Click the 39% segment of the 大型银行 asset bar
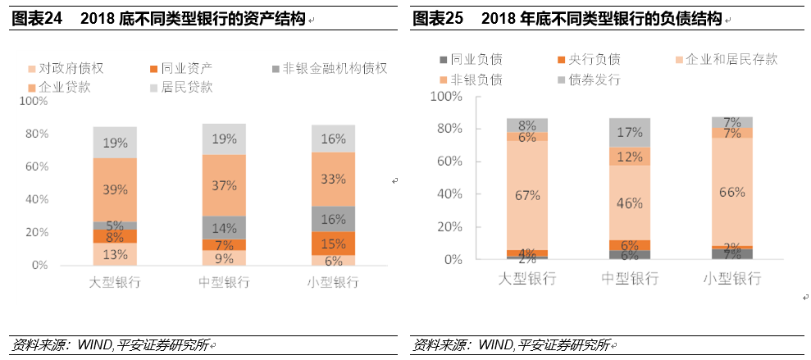coord(115,189)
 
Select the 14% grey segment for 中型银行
coord(224,228)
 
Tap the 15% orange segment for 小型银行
coord(332,244)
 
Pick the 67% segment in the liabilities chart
coord(527,195)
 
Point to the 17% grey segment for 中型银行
coord(631,132)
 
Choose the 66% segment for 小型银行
coord(732,193)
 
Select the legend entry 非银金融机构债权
coord(328,68)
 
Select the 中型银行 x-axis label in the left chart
coord(224,282)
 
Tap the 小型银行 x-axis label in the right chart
coord(732,279)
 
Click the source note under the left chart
coord(110,344)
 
